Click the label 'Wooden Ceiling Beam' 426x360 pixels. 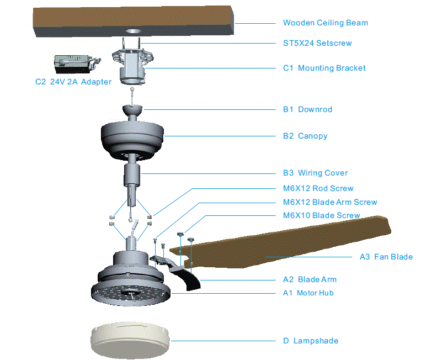(x=325, y=23)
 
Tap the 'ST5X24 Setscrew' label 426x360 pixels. (x=317, y=43)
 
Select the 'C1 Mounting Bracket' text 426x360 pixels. (x=324, y=68)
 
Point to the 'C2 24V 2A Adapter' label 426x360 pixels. (x=73, y=82)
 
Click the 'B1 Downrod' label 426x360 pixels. (x=307, y=109)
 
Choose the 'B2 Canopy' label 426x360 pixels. (x=305, y=136)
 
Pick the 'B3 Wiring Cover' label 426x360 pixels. (x=315, y=173)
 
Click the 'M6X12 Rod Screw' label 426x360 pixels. (x=318, y=188)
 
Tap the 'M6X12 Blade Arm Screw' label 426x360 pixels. (x=330, y=202)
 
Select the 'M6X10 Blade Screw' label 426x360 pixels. (x=321, y=215)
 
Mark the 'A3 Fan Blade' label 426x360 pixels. (x=386, y=257)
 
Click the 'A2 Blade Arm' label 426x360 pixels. (x=310, y=279)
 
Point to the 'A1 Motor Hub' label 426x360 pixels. (x=308, y=293)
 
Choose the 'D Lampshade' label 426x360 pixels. (x=310, y=341)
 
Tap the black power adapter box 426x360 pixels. (x=72, y=63)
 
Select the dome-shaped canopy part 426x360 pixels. (x=133, y=135)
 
